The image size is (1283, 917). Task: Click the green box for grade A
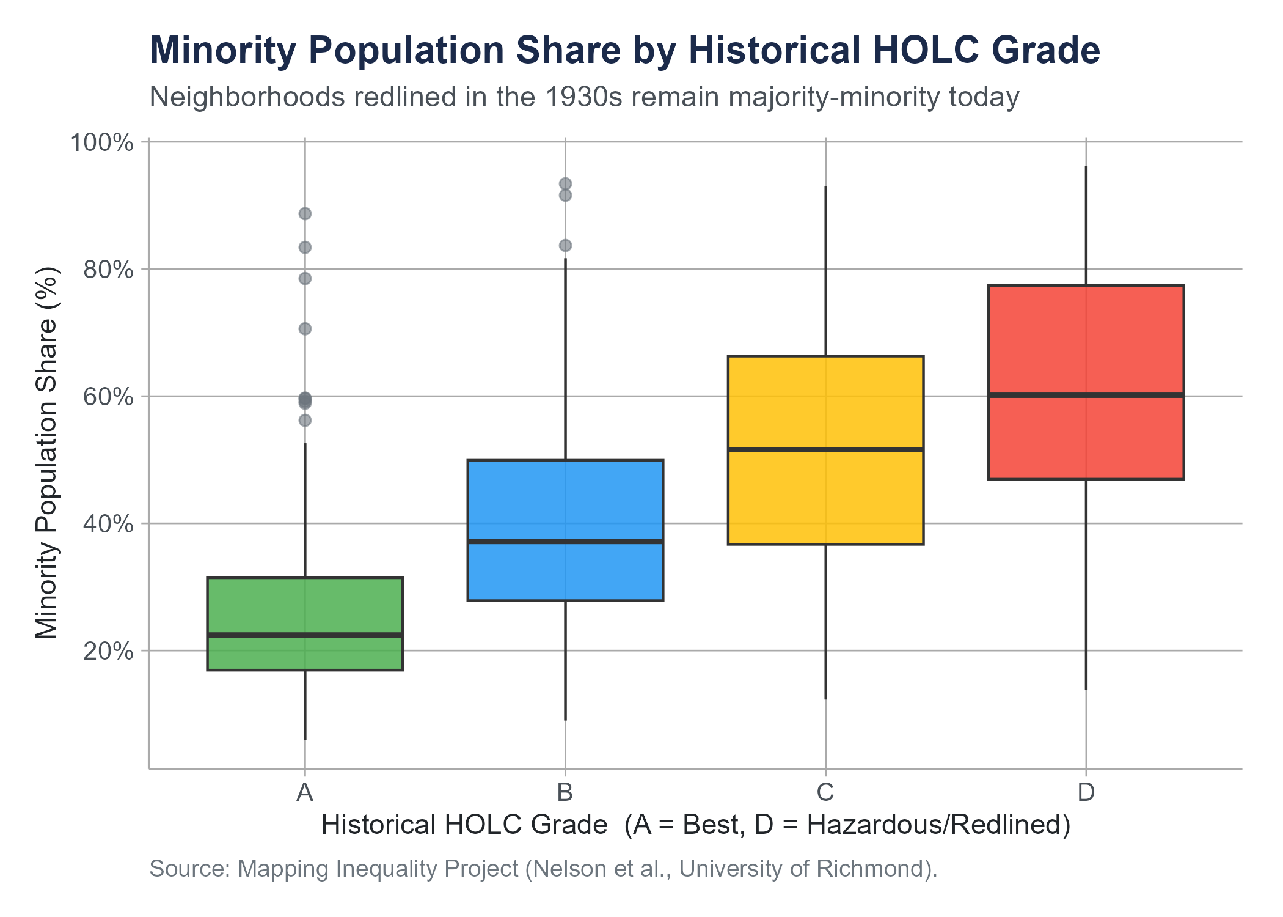305,624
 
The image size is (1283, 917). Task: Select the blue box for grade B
565,530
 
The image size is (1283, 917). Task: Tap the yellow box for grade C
825,450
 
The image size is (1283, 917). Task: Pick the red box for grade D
1086,382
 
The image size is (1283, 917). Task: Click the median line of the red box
1086,395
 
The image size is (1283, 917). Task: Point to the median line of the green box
305,635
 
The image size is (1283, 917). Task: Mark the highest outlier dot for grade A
305,213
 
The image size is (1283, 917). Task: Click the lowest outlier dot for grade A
305,421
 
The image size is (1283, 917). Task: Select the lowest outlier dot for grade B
565,246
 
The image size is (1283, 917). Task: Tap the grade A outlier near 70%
305,329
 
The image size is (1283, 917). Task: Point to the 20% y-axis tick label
108,651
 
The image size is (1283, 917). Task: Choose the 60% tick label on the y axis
108,397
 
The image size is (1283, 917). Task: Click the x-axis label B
565,792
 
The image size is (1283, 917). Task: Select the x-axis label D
1086,792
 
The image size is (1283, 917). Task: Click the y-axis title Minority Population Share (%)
46,453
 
